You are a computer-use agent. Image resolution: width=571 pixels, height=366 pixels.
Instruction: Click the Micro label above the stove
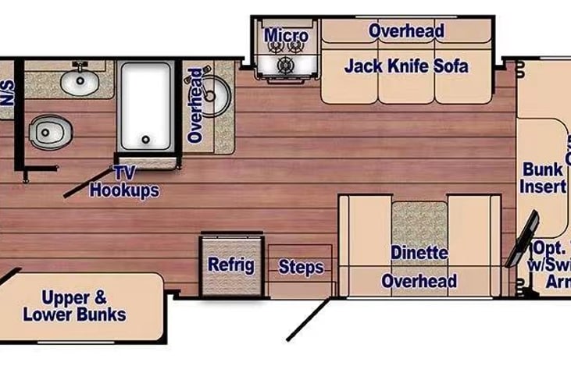pyautogui.click(x=286, y=36)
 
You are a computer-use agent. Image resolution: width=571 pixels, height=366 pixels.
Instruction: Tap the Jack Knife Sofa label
pyautogui.click(x=406, y=66)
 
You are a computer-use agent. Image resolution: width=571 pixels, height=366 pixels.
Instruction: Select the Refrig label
pyautogui.click(x=230, y=265)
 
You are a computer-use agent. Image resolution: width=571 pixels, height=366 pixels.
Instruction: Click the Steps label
pyautogui.click(x=301, y=268)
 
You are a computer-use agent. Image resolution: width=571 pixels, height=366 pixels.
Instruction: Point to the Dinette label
pyautogui.click(x=419, y=253)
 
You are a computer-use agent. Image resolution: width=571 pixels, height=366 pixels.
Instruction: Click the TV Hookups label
pyautogui.click(x=124, y=183)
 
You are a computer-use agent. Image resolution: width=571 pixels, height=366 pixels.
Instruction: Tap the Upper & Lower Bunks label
pyautogui.click(x=74, y=306)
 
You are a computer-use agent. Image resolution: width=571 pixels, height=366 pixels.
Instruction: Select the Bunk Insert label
pyautogui.click(x=543, y=178)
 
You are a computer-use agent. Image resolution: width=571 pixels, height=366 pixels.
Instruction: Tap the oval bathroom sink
pyautogui.click(x=79, y=80)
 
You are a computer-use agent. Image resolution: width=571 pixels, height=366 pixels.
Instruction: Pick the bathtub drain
pyautogui.click(x=145, y=140)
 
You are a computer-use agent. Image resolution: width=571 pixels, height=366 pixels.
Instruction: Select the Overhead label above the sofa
pyautogui.click(x=406, y=31)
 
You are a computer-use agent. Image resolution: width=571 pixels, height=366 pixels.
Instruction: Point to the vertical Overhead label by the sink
pyautogui.click(x=195, y=105)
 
